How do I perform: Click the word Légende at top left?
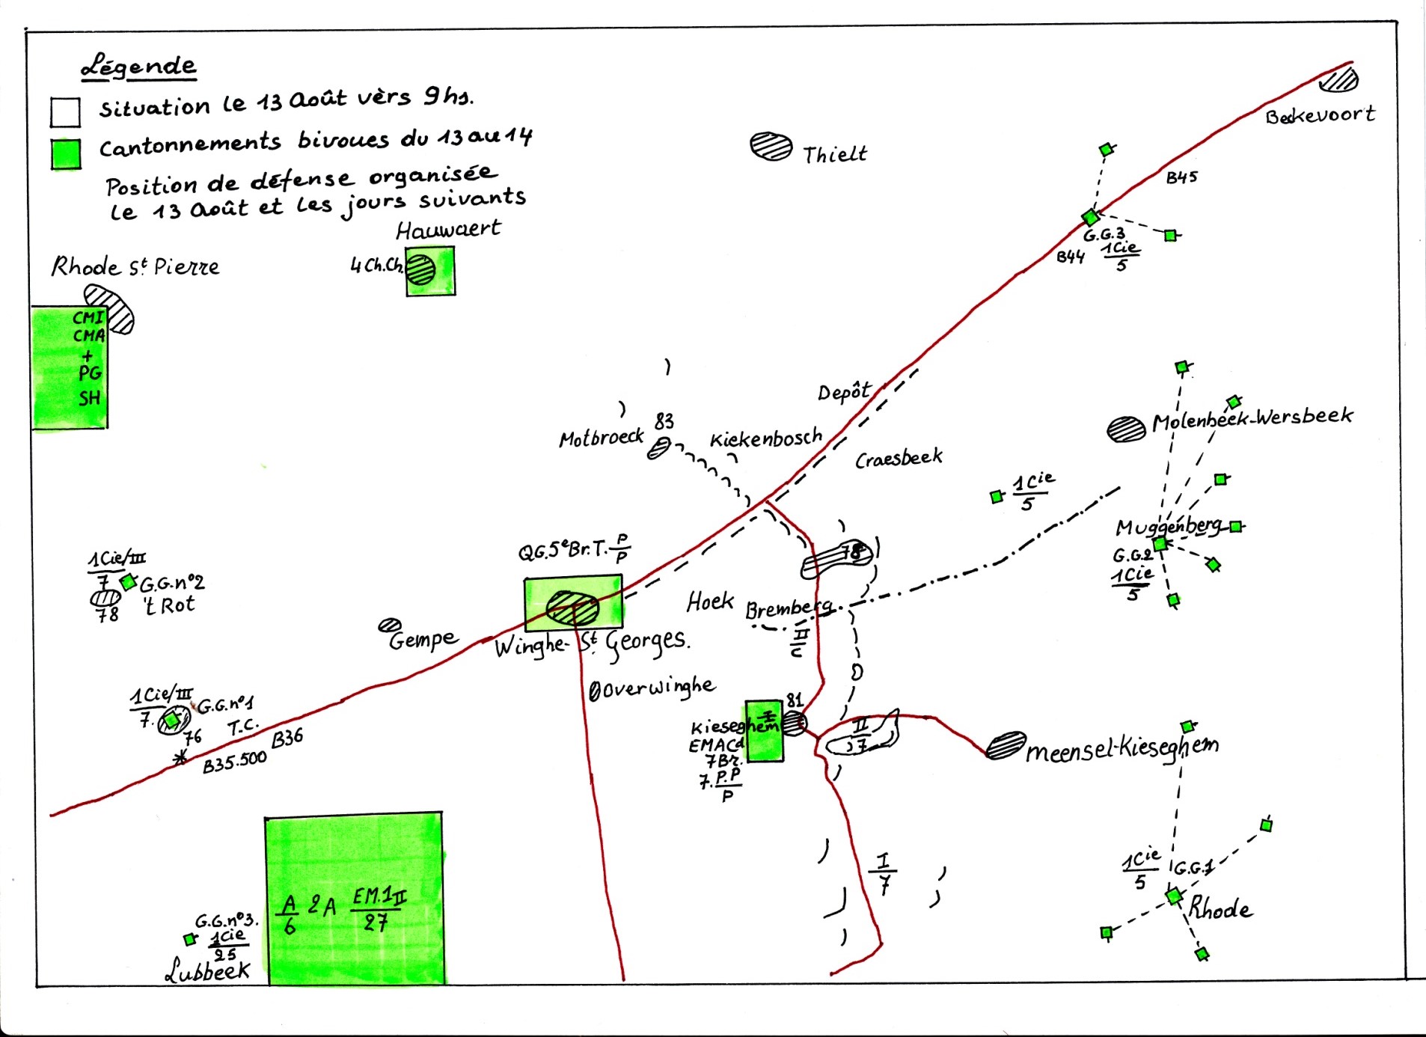tap(138, 67)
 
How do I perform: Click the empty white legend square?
tap(66, 112)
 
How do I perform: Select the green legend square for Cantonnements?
tap(66, 154)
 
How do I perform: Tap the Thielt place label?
tap(834, 154)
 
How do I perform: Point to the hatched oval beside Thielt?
tap(771, 146)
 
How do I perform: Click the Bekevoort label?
tap(1320, 115)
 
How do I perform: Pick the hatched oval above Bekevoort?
tap(1338, 79)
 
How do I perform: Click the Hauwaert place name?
tap(448, 229)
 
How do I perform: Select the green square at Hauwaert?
tap(430, 271)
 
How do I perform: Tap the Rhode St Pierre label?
tap(135, 266)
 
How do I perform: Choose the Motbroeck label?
tap(601, 437)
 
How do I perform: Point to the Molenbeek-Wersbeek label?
tap(1252, 418)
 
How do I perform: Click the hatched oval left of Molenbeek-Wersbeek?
tap(1126, 429)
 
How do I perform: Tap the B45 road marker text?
tap(1181, 177)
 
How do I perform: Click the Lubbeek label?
tap(207, 970)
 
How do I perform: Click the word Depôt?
tap(844, 392)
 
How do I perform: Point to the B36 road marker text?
tap(287, 738)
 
